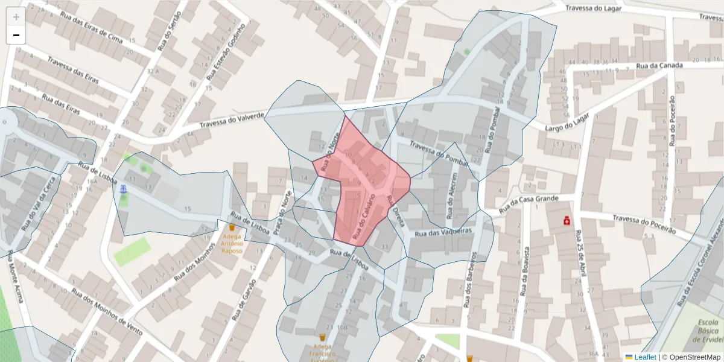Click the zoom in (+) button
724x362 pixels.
(16, 17)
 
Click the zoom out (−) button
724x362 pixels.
(16, 35)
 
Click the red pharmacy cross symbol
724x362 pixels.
(567, 221)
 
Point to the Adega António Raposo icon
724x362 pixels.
(232, 228)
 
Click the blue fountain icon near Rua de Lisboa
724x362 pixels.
(123, 189)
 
